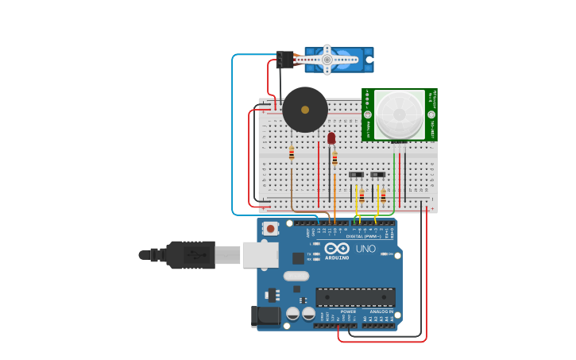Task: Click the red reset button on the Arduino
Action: (x=270, y=229)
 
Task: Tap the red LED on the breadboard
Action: (x=331, y=138)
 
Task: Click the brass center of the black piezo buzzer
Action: (x=305, y=110)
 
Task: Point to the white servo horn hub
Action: (x=327, y=59)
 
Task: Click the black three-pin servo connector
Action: (x=284, y=60)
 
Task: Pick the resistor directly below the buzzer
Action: (x=292, y=154)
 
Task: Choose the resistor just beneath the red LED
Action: (x=334, y=157)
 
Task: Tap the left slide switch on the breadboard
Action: (x=356, y=175)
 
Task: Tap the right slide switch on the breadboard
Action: (x=378, y=175)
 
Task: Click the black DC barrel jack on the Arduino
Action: (x=265, y=316)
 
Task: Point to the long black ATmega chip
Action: (x=355, y=297)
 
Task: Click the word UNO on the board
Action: (x=365, y=249)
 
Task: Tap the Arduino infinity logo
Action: (x=337, y=248)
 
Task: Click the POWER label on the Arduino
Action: (x=348, y=312)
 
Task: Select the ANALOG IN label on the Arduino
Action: (x=381, y=312)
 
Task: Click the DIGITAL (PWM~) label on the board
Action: (x=361, y=236)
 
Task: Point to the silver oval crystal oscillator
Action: (x=295, y=276)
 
